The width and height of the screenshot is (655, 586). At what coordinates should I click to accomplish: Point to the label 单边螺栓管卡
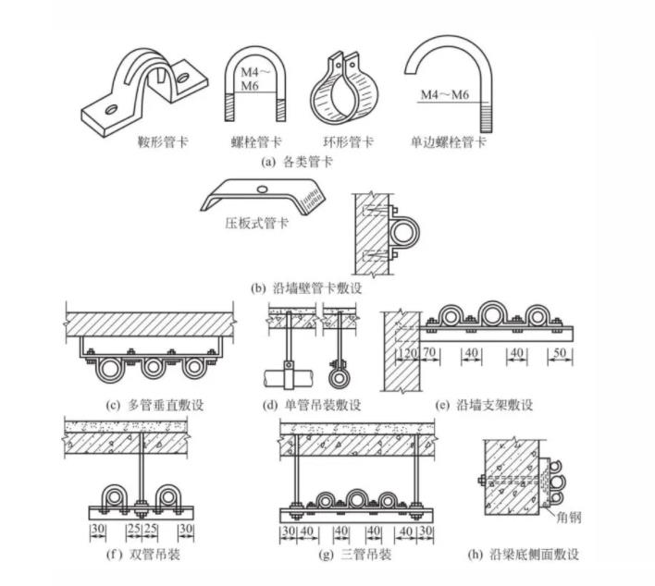pos(449,143)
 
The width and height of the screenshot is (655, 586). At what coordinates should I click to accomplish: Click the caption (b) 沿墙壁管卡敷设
pos(305,288)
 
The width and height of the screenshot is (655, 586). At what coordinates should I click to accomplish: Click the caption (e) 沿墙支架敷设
pos(484,405)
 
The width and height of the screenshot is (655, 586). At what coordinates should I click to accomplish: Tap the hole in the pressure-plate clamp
pos(265,188)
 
